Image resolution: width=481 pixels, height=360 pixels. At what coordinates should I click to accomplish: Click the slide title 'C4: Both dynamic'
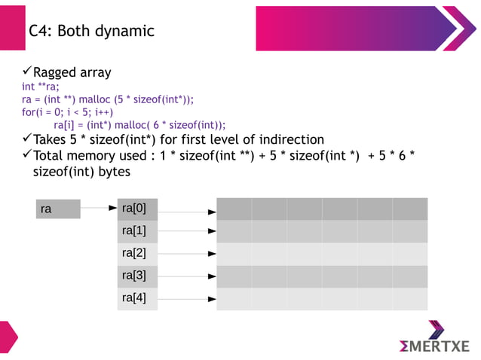[91, 31]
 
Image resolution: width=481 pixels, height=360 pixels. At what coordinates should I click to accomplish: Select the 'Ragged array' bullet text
[72, 72]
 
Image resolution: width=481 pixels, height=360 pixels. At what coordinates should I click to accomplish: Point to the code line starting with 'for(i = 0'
[67, 112]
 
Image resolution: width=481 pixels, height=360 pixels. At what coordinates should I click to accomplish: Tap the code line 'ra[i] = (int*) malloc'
[139, 125]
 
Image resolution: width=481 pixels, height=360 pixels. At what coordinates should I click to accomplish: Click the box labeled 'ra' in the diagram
[58, 209]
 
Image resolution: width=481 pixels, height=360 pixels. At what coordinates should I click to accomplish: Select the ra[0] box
[137, 209]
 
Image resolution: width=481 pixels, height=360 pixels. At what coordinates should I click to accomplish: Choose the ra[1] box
[137, 231]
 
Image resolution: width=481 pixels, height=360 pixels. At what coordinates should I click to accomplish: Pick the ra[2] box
[137, 254]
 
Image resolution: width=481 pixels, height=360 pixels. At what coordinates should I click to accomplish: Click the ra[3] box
[137, 276]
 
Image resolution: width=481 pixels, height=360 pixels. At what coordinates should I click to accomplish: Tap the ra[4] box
[137, 299]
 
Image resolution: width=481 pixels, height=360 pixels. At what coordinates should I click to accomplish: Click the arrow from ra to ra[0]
[99, 207]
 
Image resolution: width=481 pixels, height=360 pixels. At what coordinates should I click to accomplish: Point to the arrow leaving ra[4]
[187, 300]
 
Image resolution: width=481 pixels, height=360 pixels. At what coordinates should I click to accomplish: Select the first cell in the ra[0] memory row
[234, 209]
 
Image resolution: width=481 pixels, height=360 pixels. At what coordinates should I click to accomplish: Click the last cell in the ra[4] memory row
[409, 299]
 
